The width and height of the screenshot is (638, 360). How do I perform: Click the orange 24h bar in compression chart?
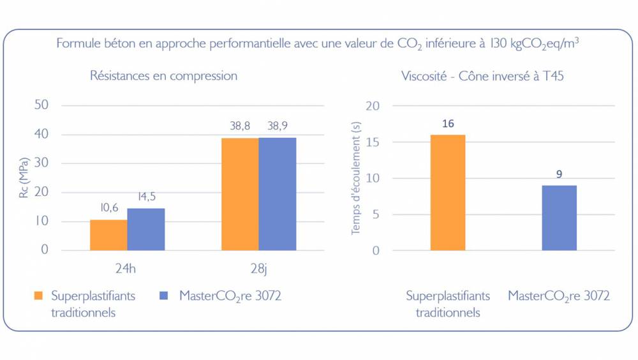pos(108,235)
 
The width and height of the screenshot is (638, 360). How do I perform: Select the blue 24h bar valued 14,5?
pos(146,229)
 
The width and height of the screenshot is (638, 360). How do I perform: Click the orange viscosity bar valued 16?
pos(448,192)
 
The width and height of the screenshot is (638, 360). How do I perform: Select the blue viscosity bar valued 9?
pos(559,218)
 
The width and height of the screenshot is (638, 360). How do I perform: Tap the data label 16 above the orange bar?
pos(448,123)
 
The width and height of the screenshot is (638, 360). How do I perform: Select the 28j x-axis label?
pos(258,269)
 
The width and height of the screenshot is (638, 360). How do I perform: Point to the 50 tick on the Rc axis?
pos(41,105)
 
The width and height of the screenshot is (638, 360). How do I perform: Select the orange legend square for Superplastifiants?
pos(38,296)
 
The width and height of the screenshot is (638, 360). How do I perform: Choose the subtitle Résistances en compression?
pos(163,76)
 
